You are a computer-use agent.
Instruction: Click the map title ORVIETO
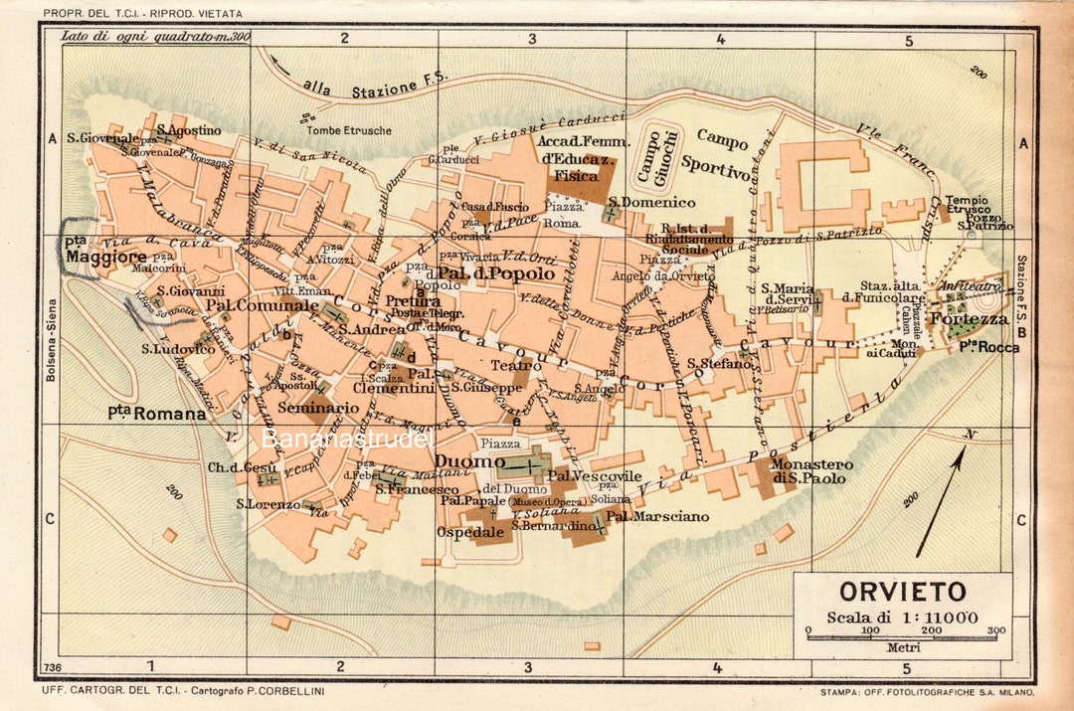coord(902,592)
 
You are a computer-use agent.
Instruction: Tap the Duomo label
coord(469,462)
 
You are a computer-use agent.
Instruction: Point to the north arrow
coord(940,501)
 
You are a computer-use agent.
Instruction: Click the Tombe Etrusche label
coord(349,130)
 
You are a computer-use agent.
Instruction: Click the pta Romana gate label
coord(156,413)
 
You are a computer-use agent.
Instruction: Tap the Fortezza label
coord(970,319)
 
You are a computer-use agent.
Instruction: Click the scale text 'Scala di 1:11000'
coord(902,617)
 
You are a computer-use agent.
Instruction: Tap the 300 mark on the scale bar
coord(995,629)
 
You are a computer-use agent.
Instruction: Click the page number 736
coord(54,666)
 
